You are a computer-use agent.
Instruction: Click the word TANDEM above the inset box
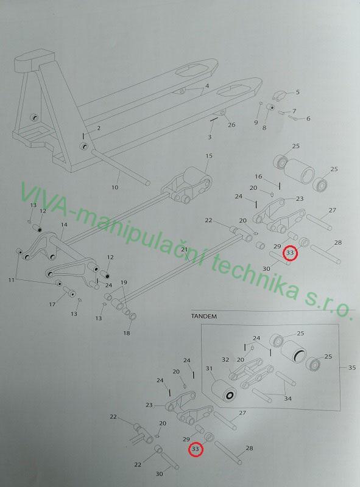point(204,317)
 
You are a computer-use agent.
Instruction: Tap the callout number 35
point(351,368)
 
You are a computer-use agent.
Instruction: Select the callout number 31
point(209,369)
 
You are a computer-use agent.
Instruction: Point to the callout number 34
point(288,398)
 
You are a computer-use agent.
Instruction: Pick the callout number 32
point(225,360)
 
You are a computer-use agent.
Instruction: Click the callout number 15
point(209,156)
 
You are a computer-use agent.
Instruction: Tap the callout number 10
point(115,187)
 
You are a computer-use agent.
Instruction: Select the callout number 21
point(185,250)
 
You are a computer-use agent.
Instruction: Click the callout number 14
point(64,225)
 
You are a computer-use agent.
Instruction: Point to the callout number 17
point(52,305)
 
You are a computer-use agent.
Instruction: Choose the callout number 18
point(127,333)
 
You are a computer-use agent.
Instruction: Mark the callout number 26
point(231,125)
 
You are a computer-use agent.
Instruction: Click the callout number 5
point(297,93)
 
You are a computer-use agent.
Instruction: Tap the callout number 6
point(308,119)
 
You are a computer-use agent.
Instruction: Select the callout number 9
point(256,123)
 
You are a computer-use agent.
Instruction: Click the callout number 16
point(258,177)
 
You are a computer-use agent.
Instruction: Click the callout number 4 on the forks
point(207,86)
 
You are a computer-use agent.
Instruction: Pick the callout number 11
point(11,280)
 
